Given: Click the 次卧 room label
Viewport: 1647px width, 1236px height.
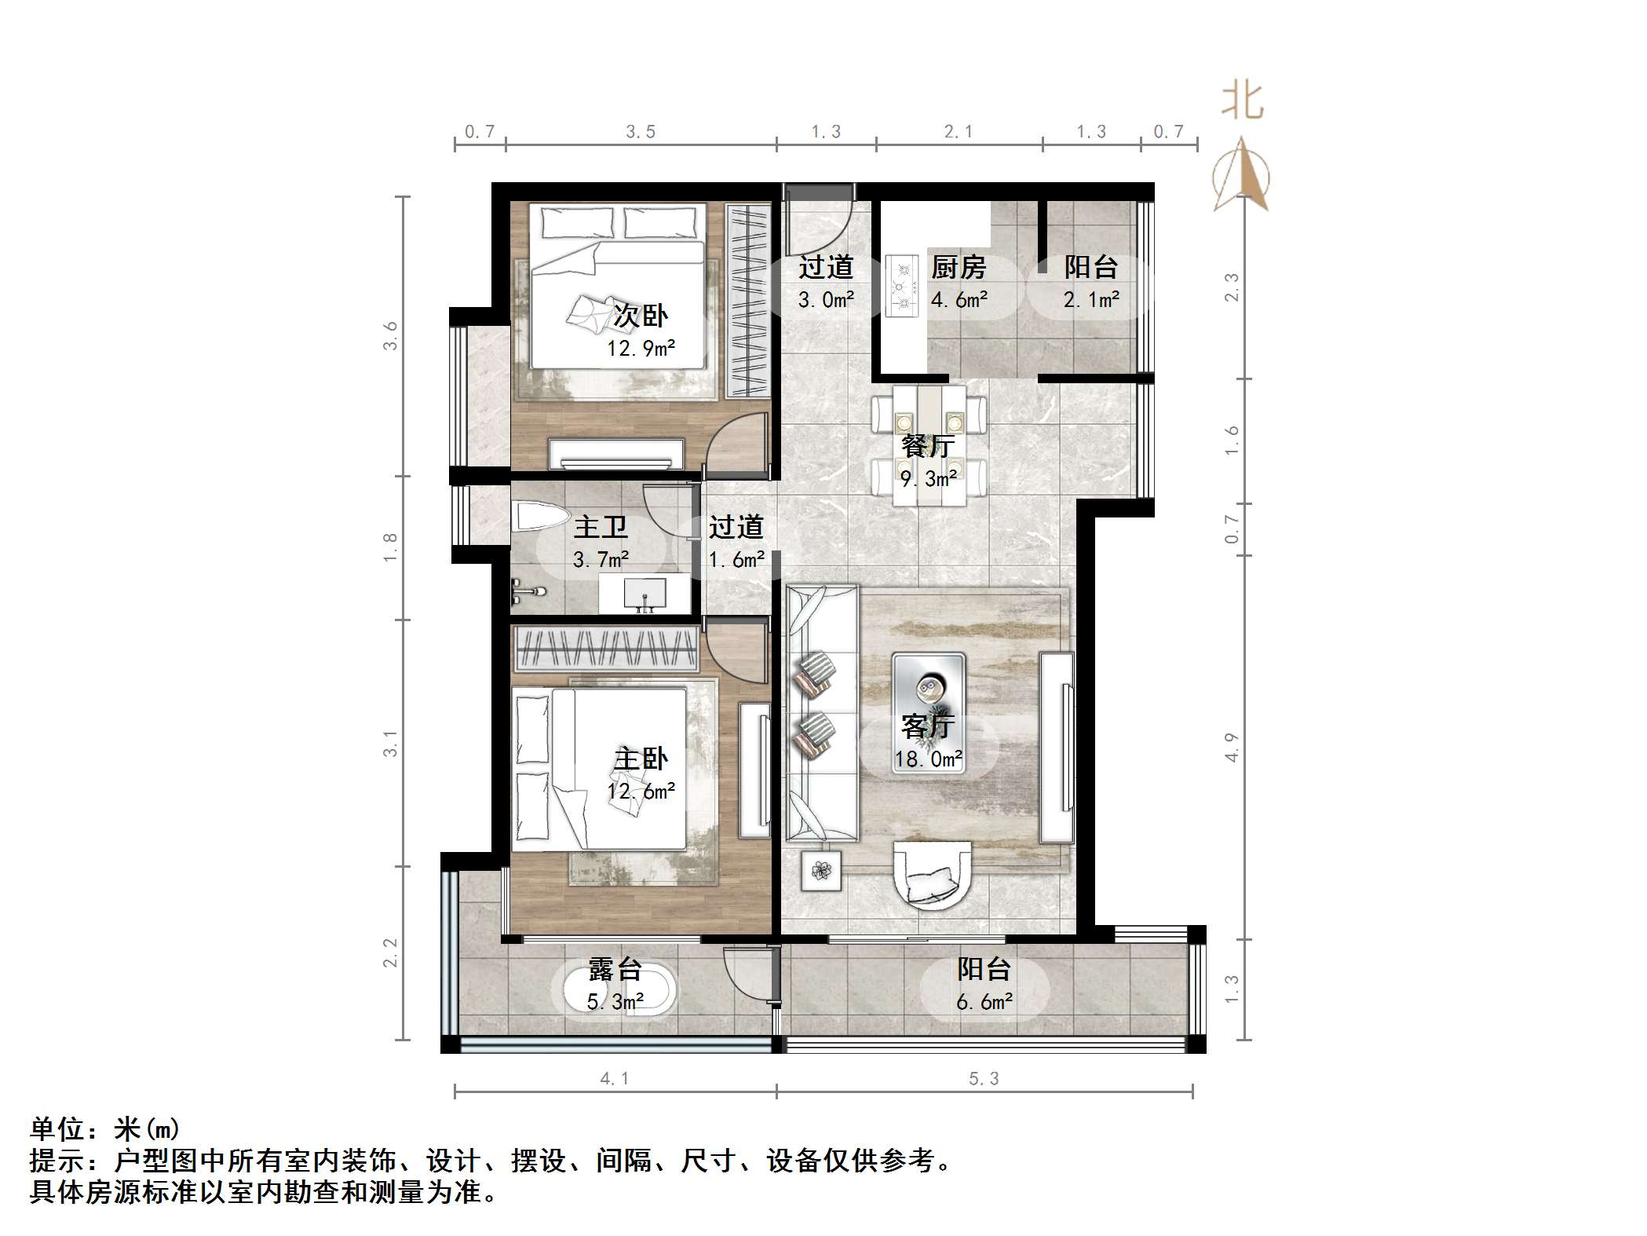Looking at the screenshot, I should tap(640, 316).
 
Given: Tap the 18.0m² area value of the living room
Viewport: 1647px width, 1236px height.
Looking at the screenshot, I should tap(928, 759).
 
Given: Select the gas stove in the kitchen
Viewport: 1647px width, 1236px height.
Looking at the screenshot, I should tap(901, 286).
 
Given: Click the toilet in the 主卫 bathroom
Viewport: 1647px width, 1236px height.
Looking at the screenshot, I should tap(539, 518).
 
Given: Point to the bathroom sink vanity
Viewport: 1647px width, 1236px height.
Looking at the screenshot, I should tap(645, 594).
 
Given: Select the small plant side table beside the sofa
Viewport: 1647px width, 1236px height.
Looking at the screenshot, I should tap(821, 871).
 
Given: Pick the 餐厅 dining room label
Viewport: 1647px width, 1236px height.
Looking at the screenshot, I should tap(928, 446).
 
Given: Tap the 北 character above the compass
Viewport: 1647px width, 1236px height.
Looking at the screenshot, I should tap(1242, 102).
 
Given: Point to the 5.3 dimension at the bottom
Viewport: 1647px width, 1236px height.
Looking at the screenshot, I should tap(984, 1079).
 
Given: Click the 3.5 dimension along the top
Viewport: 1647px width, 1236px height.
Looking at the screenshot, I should tap(641, 132).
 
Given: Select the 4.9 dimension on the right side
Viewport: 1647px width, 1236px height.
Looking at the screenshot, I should tap(1231, 747).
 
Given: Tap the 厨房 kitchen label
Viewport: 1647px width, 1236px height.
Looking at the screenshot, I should tap(958, 268).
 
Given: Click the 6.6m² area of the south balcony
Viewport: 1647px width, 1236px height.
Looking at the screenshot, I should tap(984, 1002).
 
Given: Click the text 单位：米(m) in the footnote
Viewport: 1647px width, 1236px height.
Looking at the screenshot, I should tap(105, 1129).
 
